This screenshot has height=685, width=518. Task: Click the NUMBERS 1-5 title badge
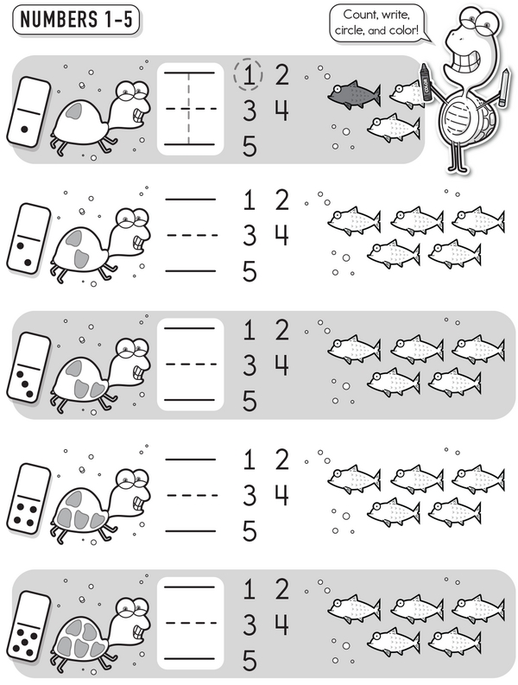pos(77,20)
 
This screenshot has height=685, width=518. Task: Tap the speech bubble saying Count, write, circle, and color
pos(376,23)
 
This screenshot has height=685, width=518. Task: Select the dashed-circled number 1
pos(248,74)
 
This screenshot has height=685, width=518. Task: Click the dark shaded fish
pos(354,95)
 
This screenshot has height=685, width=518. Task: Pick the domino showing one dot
pos(28,111)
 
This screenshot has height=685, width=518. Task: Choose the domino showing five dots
pos(28,626)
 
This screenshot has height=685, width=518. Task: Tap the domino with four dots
pos(28,499)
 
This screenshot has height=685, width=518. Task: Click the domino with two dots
pos(28,238)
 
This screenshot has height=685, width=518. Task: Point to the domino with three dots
pos(28,367)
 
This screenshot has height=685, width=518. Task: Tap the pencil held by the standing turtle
pos(504,86)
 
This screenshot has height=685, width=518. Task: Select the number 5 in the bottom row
pos(250,661)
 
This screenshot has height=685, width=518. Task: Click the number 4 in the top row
pos(281,111)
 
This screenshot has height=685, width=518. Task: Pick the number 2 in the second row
pos(282,200)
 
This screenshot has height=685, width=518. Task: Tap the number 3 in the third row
pos(250,365)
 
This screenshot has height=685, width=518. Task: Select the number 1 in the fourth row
pos(249,460)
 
